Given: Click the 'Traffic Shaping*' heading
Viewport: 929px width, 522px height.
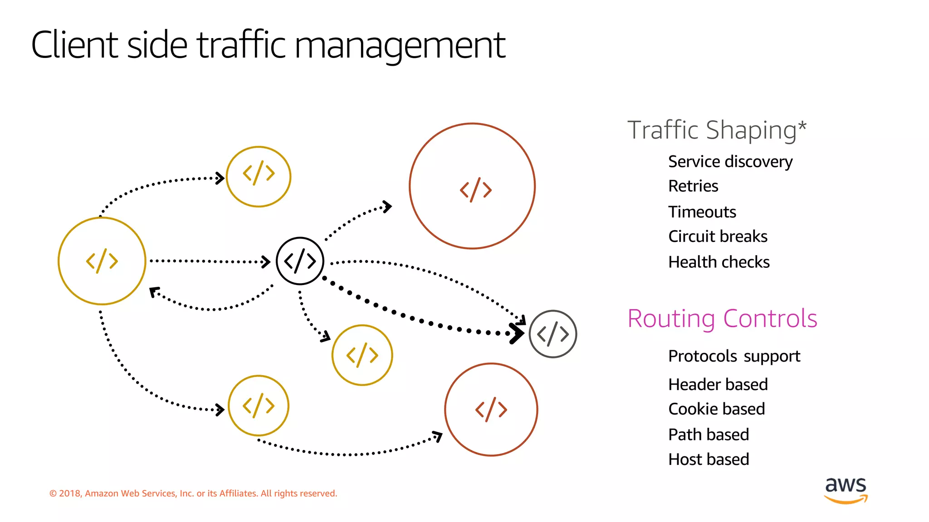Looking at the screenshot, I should click(x=717, y=130).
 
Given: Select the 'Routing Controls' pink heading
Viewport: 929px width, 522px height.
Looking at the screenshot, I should click(x=722, y=319).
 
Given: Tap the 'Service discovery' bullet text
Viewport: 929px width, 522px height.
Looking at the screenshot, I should click(x=730, y=162).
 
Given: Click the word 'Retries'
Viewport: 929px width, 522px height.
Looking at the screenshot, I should click(x=693, y=186).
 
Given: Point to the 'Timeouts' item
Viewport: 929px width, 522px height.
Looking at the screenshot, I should click(x=702, y=212).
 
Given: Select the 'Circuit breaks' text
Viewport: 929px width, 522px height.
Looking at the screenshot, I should click(x=718, y=237).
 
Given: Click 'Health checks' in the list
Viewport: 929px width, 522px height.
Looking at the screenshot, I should click(x=719, y=262).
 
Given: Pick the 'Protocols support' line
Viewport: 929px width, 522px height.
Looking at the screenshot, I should click(x=734, y=357).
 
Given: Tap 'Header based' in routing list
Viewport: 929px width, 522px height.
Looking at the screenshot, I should click(x=718, y=385).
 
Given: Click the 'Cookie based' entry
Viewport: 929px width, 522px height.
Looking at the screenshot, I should click(x=716, y=409).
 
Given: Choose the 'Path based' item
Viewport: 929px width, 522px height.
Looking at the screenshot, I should click(x=708, y=435).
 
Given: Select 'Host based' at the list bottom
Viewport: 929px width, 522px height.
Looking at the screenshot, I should click(x=708, y=459).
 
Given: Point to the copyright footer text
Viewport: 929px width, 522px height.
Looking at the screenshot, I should click(x=193, y=493).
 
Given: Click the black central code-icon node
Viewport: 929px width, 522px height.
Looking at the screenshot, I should click(x=300, y=261).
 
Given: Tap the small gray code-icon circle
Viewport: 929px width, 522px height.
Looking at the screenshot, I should click(x=553, y=334).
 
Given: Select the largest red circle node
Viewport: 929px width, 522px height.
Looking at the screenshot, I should click(x=472, y=186).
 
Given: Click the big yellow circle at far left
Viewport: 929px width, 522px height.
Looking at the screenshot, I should click(x=102, y=261).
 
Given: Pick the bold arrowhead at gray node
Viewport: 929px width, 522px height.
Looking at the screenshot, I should click(x=516, y=333).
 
